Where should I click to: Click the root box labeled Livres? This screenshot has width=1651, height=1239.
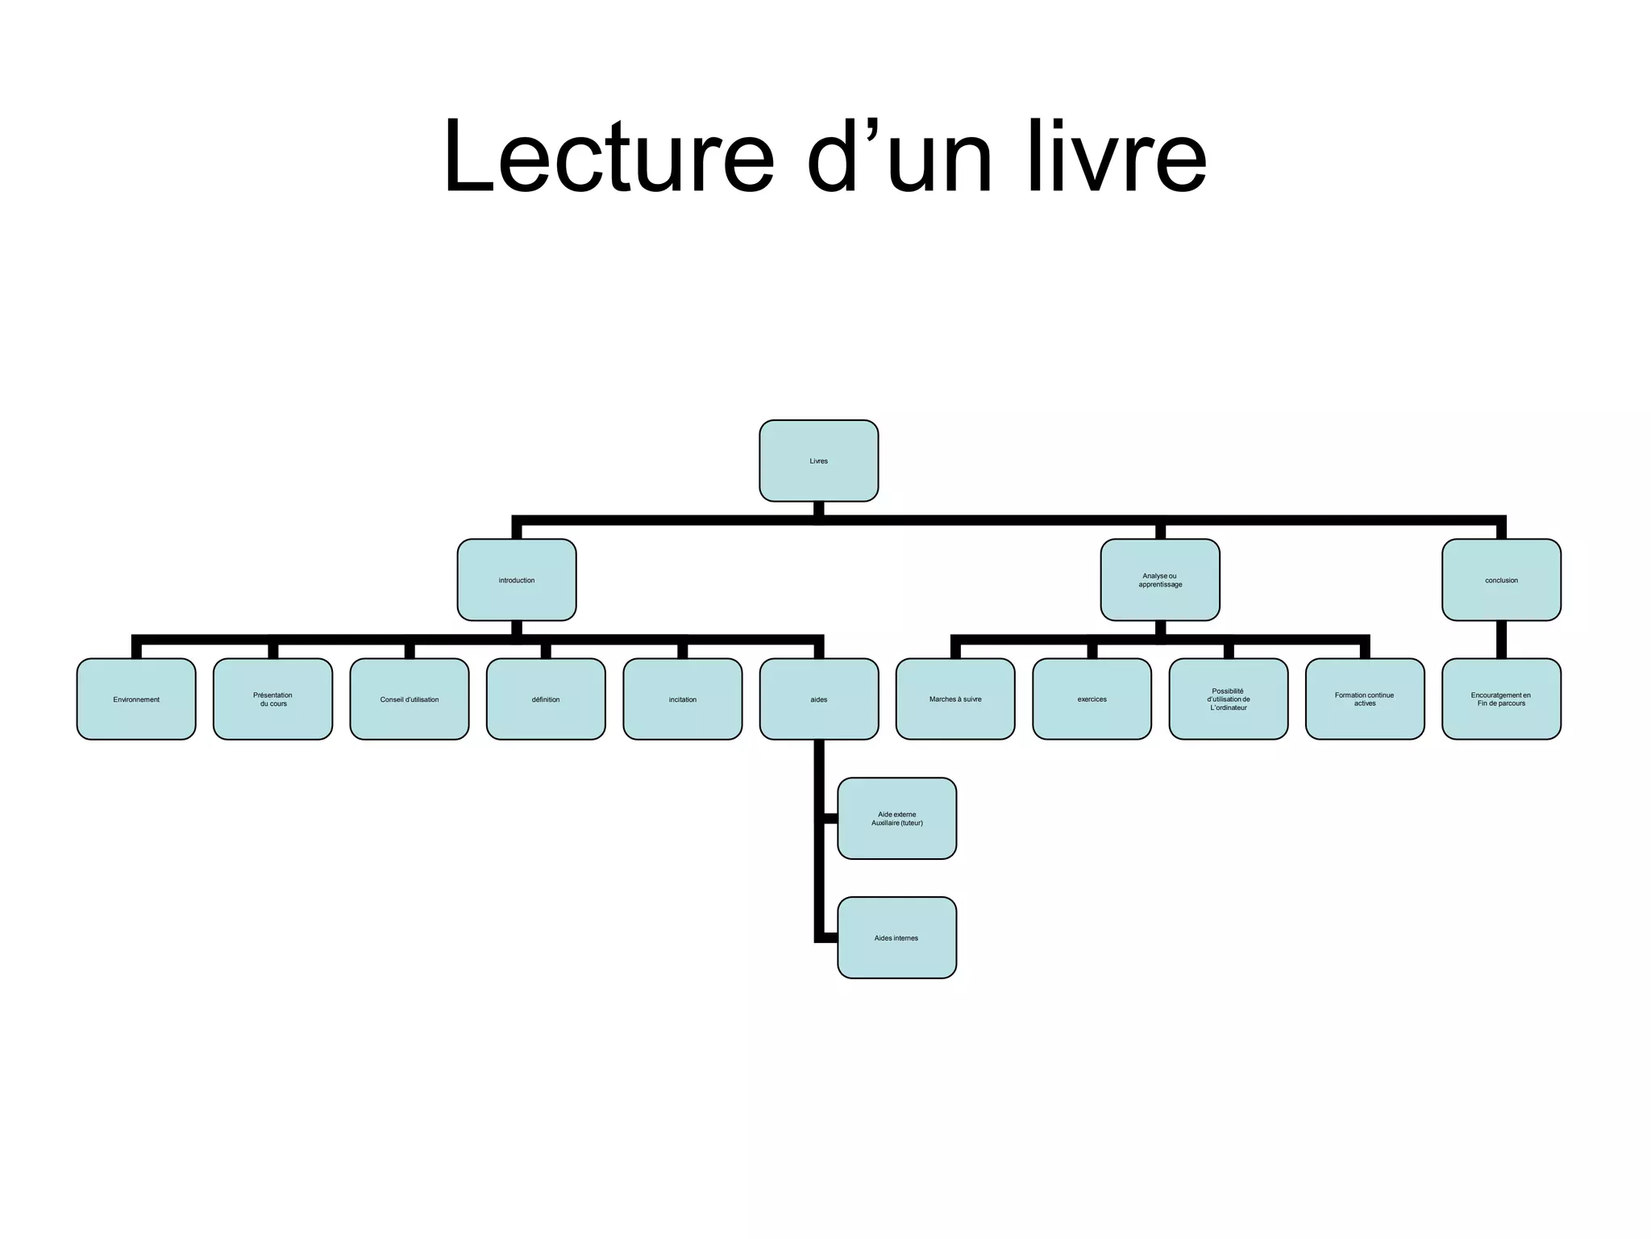click(x=818, y=461)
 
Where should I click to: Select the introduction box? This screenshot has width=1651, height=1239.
click(x=517, y=580)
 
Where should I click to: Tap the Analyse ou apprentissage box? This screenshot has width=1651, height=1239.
click(x=1160, y=580)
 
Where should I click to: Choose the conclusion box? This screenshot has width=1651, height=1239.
click(x=1501, y=580)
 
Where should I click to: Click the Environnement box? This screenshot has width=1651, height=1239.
click(x=136, y=699)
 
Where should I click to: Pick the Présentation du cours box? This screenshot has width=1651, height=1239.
click(x=272, y=699)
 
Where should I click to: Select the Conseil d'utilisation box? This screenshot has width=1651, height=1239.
click(x=410, y=699)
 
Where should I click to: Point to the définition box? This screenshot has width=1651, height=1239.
click(x=546, y=699)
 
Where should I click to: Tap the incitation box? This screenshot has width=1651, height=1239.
click(x=683, y=699)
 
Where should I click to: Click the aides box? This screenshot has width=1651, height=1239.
click(x=819, y=699)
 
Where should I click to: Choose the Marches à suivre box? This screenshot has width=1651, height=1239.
click(x=955, y=699)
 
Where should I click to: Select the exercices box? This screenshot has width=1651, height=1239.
click(x=1092, y=699)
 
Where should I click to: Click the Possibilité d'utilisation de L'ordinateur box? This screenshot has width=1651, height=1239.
click(x=1229, y=699)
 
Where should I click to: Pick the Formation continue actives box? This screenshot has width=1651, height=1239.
click(x=1365, y=699)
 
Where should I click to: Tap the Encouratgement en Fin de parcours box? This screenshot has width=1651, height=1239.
click(x=1501, y=699)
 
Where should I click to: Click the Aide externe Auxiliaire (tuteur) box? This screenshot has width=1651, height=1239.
click(x=897, y=819)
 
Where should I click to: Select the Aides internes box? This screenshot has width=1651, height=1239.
click(x=897, y=938)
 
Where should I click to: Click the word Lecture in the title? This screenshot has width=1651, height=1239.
click(x=609, y=156)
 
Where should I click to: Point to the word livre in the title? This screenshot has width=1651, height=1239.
click(x=1117, y=156)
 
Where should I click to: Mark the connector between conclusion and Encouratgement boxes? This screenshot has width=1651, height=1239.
click(x=1501, y=640)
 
